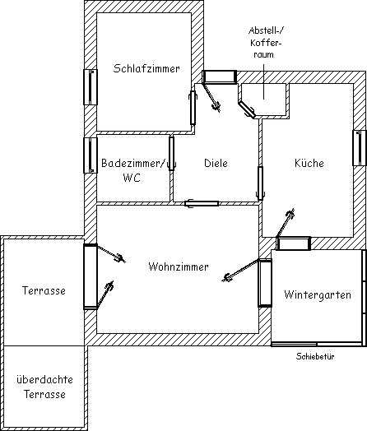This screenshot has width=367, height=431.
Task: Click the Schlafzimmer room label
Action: point(146,68)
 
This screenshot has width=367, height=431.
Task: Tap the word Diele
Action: point(216,163)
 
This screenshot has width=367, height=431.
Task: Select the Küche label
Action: point(309,163)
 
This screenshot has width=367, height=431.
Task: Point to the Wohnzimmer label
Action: point(179,266)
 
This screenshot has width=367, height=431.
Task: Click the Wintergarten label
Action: point(318,295)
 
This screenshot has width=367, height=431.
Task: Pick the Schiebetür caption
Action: point(315,356)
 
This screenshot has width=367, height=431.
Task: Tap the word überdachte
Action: point(44,380)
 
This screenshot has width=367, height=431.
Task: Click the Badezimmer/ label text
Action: point(133,163)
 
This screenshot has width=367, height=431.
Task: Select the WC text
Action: point(132,178)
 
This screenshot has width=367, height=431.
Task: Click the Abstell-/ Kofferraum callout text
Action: point(265,42)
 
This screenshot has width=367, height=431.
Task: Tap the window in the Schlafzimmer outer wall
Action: point(91,87)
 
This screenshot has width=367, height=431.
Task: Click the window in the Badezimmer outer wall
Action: point(91,155)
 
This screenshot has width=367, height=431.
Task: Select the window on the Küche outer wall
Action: point(360,148)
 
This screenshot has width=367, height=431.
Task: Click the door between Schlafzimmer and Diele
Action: point(193,108)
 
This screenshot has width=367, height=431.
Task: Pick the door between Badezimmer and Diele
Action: point(172,153)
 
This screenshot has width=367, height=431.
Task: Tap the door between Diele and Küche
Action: point(260,183)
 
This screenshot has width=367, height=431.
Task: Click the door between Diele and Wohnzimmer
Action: point(202,204)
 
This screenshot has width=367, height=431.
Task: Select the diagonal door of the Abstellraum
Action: point(247,109)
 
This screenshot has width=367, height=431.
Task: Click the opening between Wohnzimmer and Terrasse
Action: point(91,276)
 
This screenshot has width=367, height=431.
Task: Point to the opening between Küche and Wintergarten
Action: point(294,243)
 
